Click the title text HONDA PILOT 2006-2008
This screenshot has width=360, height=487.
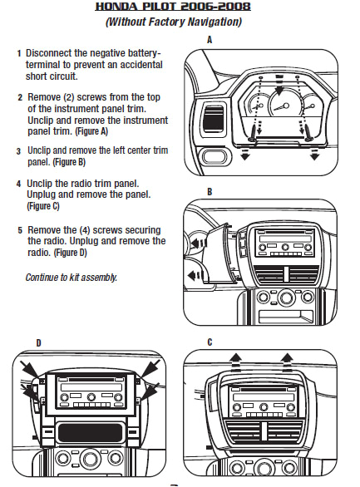(180, 7)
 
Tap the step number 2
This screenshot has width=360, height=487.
(18, 97)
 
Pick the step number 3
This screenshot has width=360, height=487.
(18, 151)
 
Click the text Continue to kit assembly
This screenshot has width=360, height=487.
(71, 277)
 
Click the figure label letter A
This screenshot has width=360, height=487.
(210, 39)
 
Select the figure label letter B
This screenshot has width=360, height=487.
(210, 191)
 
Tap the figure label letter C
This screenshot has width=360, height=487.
(210, 342)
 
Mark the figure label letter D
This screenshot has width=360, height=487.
(38, 342)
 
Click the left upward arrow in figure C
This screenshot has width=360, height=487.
(237, 358)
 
